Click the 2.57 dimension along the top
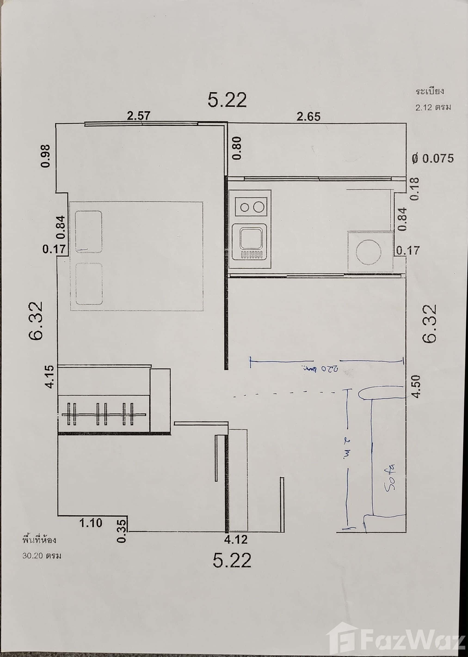[x=139, y=116]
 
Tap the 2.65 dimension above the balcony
[x=308, y=117]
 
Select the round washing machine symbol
[x=369, y=252]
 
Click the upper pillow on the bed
[x=89, y=231]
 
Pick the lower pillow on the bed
[x=89, y=284]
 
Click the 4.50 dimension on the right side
[x=417, y=386]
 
